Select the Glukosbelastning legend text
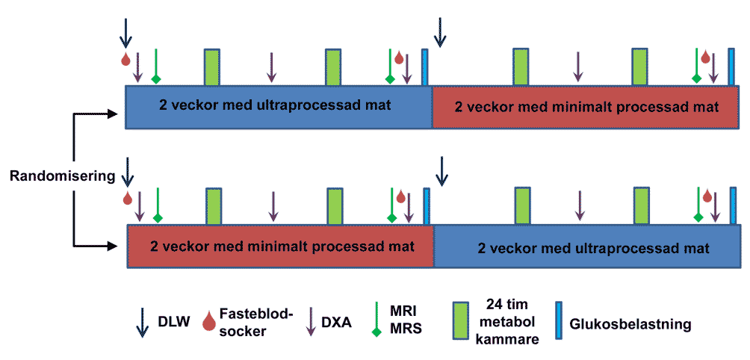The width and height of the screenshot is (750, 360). (x=631, y=325)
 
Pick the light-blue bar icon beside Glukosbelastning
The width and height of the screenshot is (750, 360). (x=559, y=320)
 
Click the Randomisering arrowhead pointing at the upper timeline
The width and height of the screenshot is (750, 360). (x=114, y=114)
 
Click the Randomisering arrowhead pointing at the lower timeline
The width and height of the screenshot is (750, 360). (x=114, y=246)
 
